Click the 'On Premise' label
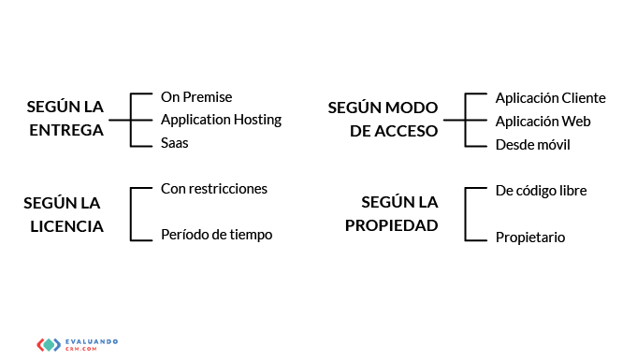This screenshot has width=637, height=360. pyautogui.click(x=196, y=97)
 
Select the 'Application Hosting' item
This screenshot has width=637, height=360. pyautogui.click(x=221, y=121)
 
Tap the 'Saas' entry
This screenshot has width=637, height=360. pyautogui.click(x=174, y=143)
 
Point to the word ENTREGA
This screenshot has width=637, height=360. pyautogui.click(x=66, y=130)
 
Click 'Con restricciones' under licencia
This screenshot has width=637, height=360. pyautogui.click(x=214, y=189)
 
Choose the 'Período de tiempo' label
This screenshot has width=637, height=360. pyautogui.click(x=216, y=235)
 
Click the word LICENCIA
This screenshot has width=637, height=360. pyautogui.click(x=66, y=226)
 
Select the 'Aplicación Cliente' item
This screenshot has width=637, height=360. pyautogui.click(x=550, y=98)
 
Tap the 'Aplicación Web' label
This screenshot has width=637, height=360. pyautogui.click(x=543, y=122)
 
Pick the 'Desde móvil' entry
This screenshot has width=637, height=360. pyautogui.click(x=532, y=145)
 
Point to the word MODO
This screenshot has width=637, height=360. pyautogui.click(x=411, y=108)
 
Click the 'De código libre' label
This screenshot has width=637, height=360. pyautogui.click(x=542, y=191)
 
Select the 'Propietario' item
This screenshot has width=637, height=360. pyautogui.click(x=530, y=238)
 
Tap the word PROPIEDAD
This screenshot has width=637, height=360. pyautogui.click(x=391, y=225)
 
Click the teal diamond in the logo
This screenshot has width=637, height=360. pyautogui.click(x=49, y=345)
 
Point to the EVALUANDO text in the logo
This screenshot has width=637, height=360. pyautogui.click(x=92, y=341)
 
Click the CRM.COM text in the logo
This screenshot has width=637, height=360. pyautogui.click(x=81, y=349)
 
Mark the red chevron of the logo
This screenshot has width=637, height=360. pyautogui.click(x=40, y=345)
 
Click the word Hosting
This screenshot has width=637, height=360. pyautogui.click(x=257, y=121)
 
